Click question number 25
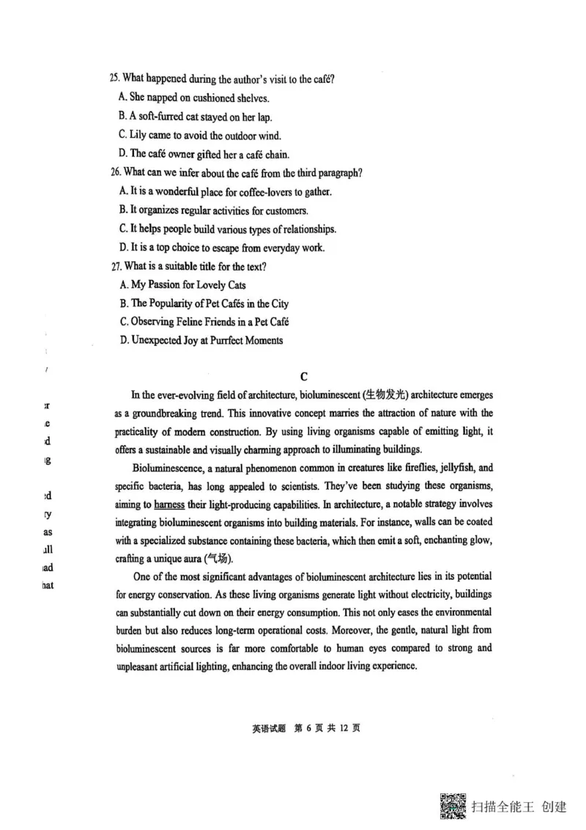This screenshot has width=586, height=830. (114, 78)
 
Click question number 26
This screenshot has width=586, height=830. (114, 173)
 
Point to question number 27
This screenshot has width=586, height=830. (114, 266)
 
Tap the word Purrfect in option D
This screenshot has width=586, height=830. (223, 340)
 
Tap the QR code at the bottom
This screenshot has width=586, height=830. (453, 807)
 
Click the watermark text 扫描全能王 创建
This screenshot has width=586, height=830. (520, 807)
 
